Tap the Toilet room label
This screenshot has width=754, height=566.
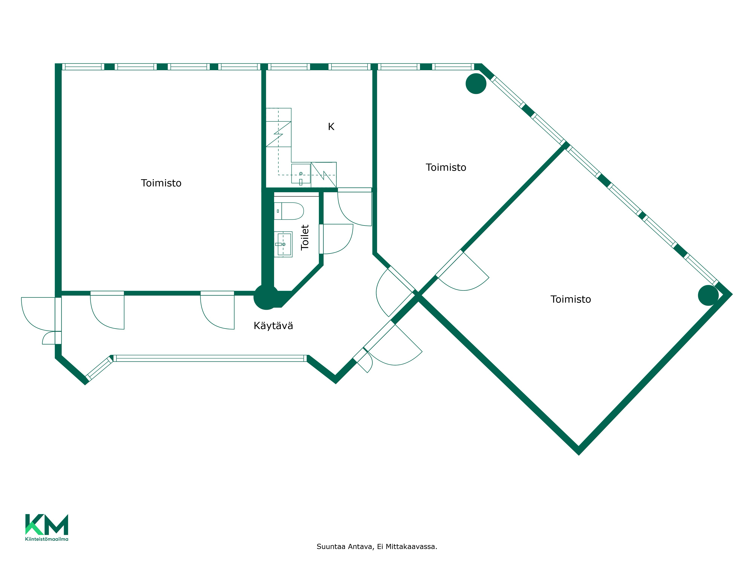click(x=305, y=238)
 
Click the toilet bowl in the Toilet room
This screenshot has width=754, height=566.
click(x=289, y=211)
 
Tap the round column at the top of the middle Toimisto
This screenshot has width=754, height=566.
click(x=476, y=84)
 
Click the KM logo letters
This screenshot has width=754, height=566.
click(x=47, y=524)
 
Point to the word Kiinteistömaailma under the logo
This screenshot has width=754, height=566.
click(x=47, y=539)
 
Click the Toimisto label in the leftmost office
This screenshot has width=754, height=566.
click(x=161, y=183)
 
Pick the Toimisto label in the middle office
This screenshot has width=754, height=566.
click(x=446, y=168)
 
